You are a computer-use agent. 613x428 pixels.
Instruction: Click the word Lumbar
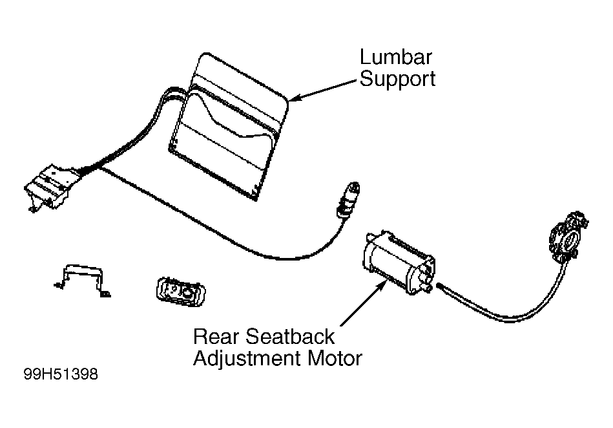[x=395, y=57]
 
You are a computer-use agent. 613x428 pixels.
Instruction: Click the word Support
[x=397, y=80]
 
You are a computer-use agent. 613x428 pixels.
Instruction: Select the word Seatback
[x=290, y=336]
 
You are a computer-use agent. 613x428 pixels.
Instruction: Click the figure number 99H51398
[x=61, y=374]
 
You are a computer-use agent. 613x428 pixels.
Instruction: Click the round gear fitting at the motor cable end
[x=568, y=236]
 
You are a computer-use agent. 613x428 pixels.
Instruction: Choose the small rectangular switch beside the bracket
[x=181, y=292]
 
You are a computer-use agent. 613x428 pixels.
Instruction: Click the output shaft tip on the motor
[x=430, y=288]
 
